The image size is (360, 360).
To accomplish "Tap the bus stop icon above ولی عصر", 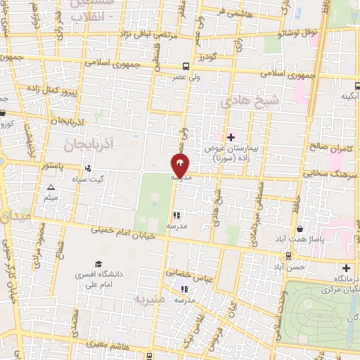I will pyautogui.click(x=186, y=62).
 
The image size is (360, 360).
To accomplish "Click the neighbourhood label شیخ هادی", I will pyautogui.click(x=250, y=102).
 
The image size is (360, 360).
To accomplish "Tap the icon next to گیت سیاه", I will pyautogui.click(x=88, y=169).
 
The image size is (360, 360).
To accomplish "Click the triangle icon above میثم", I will pyautogui.click(x=51, y=188).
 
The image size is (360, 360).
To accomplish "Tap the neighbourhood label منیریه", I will pyautogui.click(x=150, y=301).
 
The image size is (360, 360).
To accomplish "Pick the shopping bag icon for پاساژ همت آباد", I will pyautogui.click(x=300, y=229).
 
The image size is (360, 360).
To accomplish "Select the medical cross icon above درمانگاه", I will pyautogui.click(x=345, y=268).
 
